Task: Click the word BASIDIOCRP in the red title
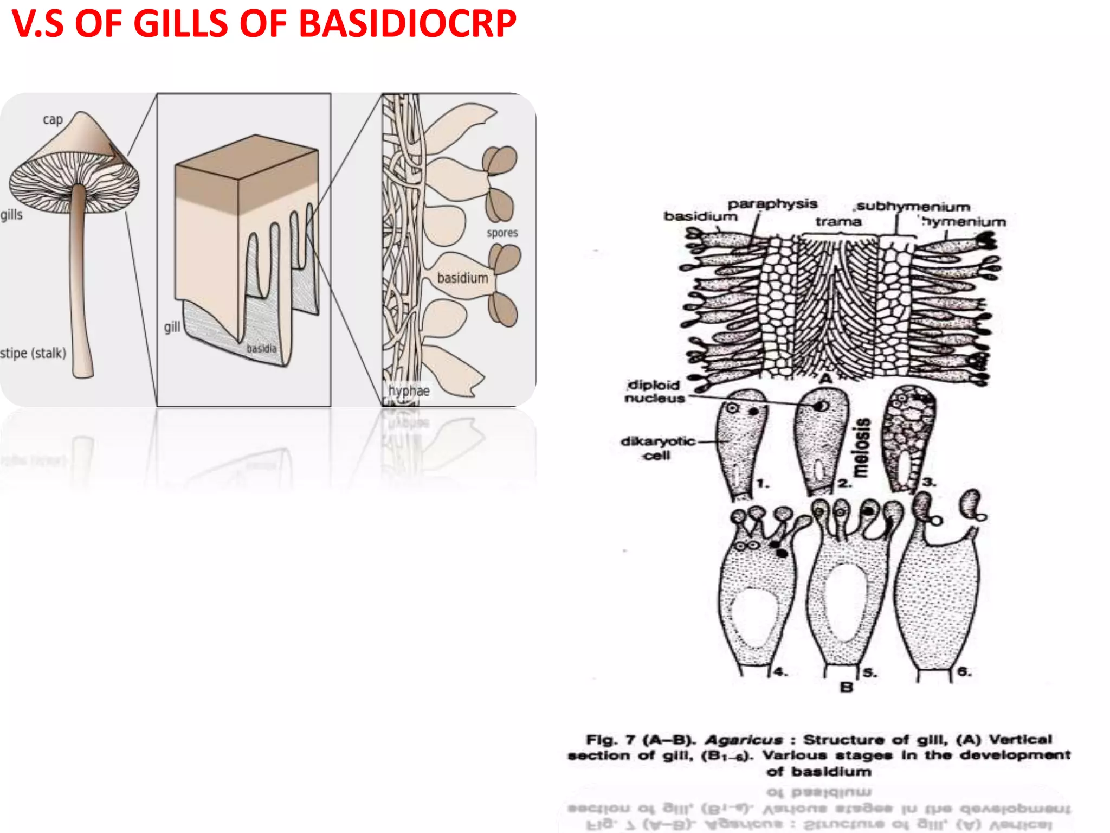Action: [x=408, y=24]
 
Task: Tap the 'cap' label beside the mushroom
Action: [x=53, y=119]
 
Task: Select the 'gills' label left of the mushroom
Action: [x=11, y=215]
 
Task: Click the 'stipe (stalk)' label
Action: [x=33, y=353]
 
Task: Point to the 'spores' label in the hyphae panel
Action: [x=502, y=233]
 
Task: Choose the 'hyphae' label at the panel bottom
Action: [x=409, y=390]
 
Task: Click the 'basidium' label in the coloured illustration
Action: [x=462, y=278]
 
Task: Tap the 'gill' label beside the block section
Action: [x=172, y=327]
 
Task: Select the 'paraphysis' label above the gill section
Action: [x=772, y=204]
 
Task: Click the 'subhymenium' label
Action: [x=913, y=207]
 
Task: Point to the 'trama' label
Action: [x=838, y=221]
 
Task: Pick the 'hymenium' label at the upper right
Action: [x=964, y=222]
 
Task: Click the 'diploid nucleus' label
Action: [x=654, y=391]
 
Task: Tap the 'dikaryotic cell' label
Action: [x=657, y=448]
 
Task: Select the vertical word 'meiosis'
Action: [x=862, y=447]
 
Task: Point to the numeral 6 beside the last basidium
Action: [x=964, y=671]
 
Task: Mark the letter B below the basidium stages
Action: [x=846, y=687]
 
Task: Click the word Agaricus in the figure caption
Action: [x=744, y=740]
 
